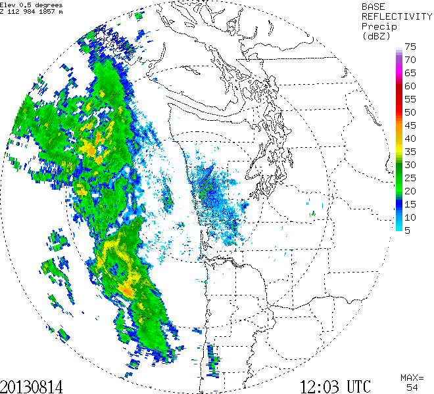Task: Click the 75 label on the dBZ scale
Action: [x=410, y=47]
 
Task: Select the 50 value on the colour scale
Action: [x=410, y=112]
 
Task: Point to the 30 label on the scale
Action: [x=410, y=164]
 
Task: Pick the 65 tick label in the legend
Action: [x=410, y=73]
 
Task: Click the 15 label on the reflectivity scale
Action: [x=410, y=204]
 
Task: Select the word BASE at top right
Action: [x=374, y=6]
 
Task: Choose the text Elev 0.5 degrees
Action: [x=32, y=5]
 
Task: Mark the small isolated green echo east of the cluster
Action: [x=314, y=213]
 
